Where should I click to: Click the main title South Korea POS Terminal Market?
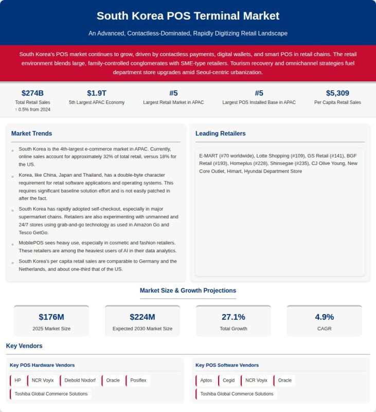pos(188,16)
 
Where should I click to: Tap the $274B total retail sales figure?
pos(32,93)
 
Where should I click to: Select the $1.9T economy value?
pos(97,93)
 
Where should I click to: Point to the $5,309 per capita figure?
pos(337,93)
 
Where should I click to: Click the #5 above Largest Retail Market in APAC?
pos(173,93)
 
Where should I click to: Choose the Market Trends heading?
pos(31,133)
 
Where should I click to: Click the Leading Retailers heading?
pos(220,133)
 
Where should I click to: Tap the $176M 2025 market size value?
pos(51,317)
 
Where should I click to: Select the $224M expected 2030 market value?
pos(142,317)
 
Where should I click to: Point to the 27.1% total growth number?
pos(233,317)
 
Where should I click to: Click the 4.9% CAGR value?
pos(324,317)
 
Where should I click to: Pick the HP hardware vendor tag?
pos(18,381)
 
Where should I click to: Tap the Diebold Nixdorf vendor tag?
pos(80,381)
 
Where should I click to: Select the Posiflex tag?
pos(138,381)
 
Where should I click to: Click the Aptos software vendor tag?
pos(206,381)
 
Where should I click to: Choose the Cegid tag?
pos(229,381)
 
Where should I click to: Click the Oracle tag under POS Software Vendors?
pos(284,381)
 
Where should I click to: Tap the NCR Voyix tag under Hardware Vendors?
pos(43,381)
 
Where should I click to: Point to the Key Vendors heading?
pos(24,346)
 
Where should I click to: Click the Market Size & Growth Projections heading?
pos(188,290)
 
